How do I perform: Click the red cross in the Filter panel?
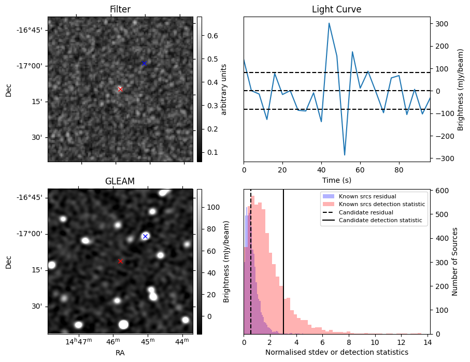(x=120, y=89)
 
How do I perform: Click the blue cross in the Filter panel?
(x=144, y=63)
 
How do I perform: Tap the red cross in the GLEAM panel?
(x=120, y=261)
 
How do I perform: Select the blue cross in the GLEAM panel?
(x=145, y=236)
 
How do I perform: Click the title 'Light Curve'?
(x=336, y=9)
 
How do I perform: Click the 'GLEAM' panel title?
(x=120, y=181)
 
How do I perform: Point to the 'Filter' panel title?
(x=120, y=9)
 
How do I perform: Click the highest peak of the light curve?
(x=329, y=23)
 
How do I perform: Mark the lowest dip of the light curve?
(x=345, y=155)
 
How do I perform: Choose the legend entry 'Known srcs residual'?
(x=360, y=197)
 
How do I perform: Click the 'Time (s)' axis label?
(x=336, y=180)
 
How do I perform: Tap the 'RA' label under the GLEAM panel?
(x=120, y=353)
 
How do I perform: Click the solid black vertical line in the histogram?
(x=283, y=269)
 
